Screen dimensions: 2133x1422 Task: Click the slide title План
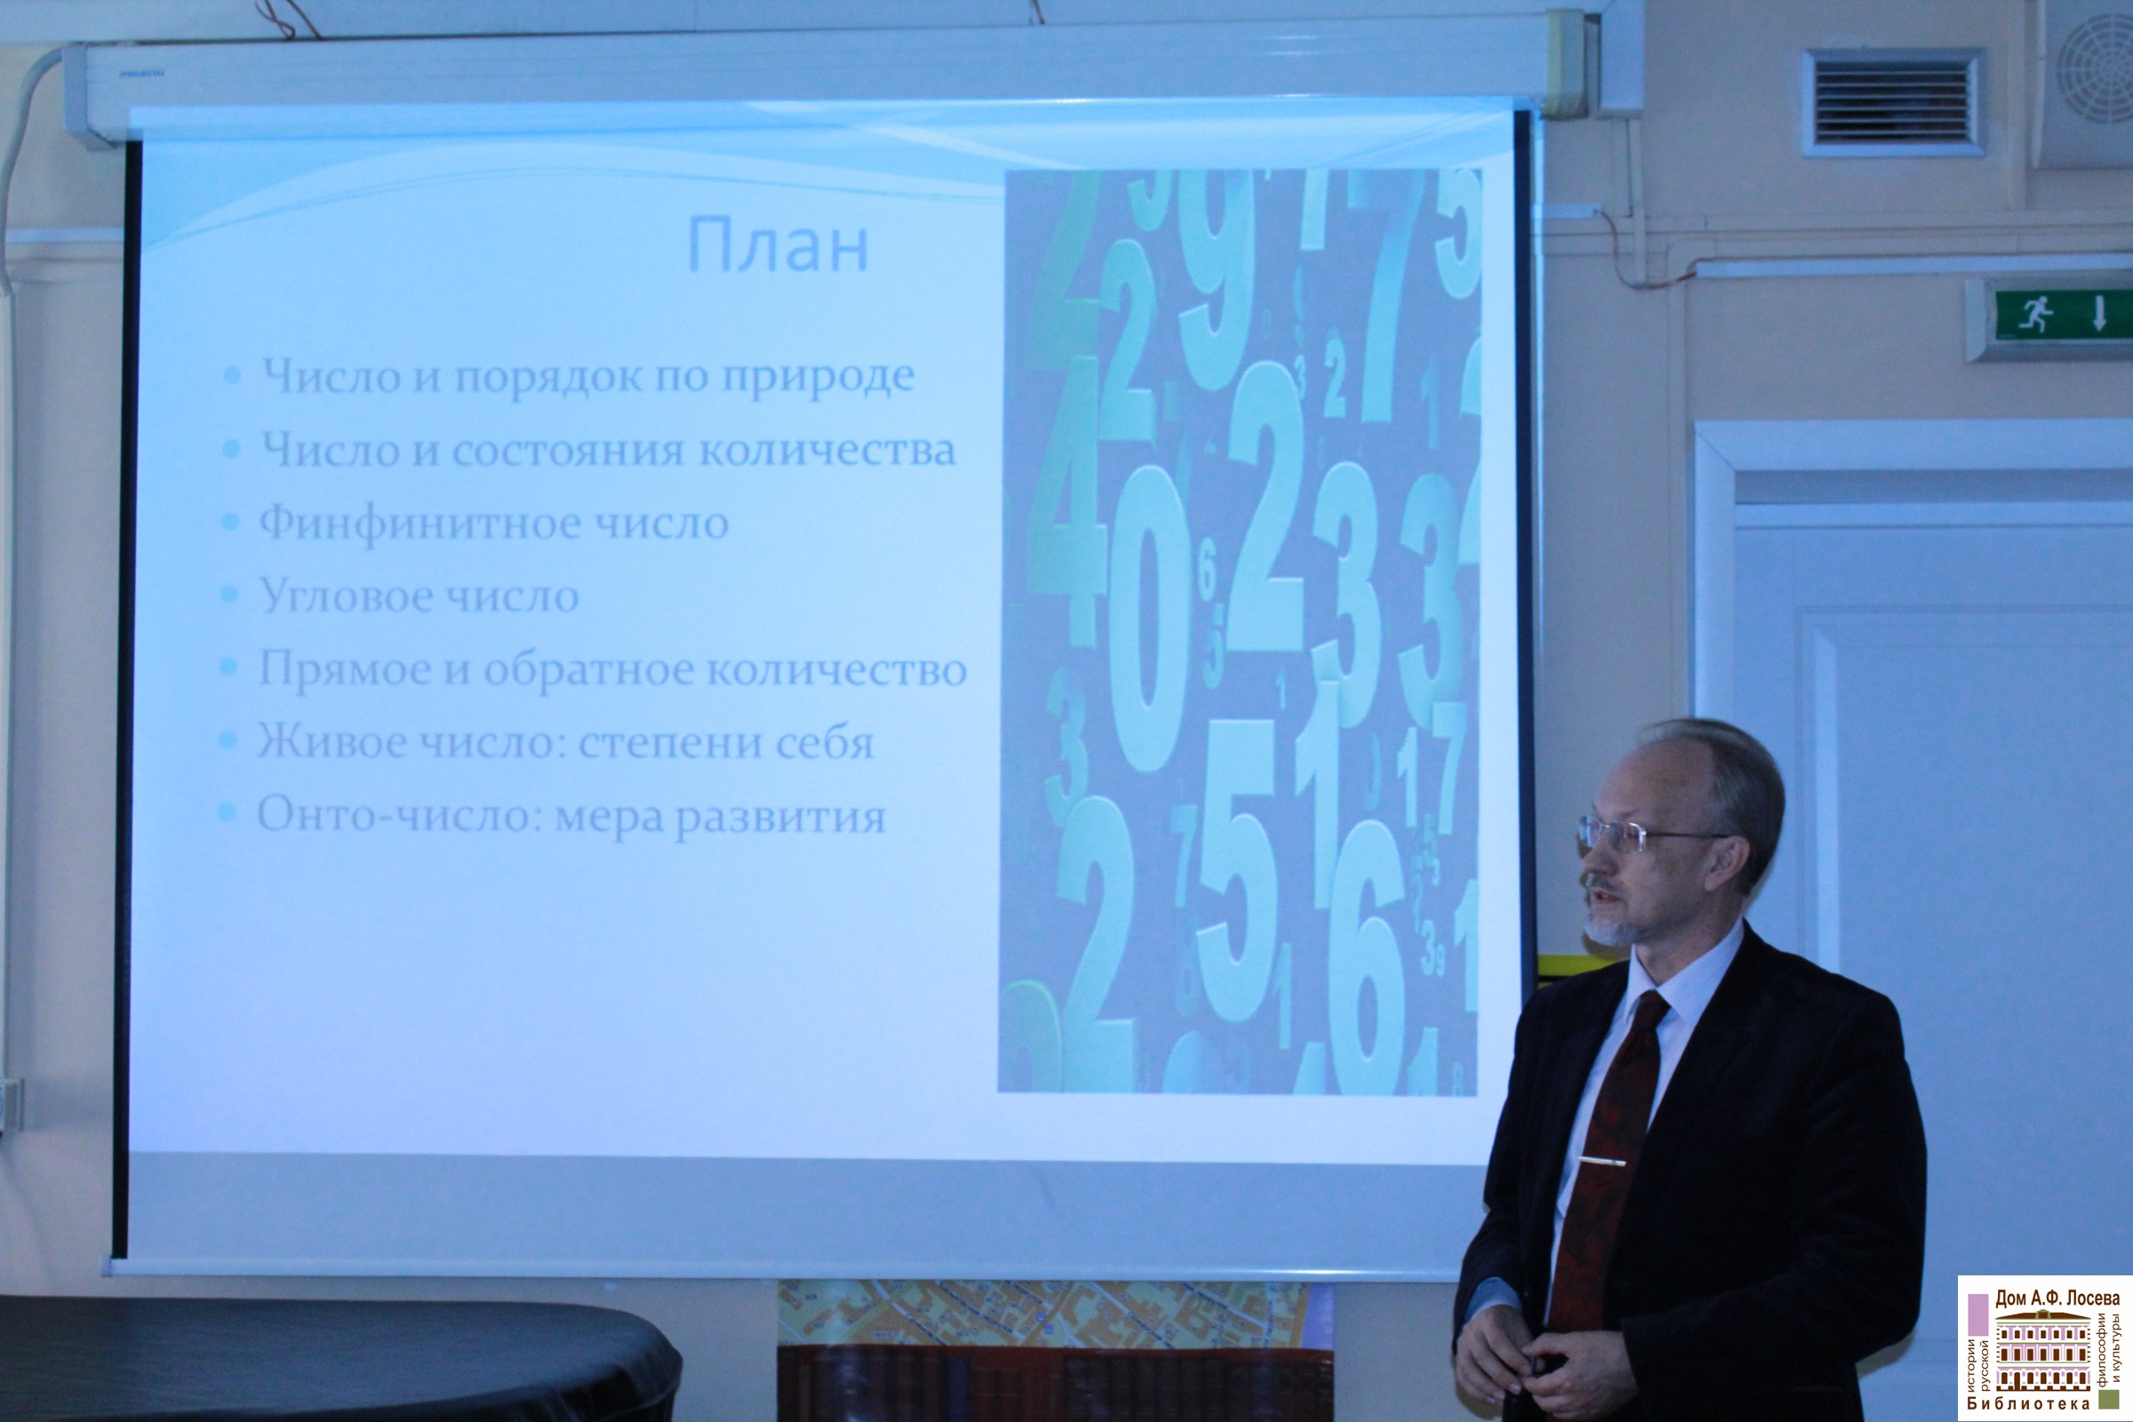(x=779, y=246)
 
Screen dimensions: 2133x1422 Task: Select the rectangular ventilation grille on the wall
(x=1893, y=102)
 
